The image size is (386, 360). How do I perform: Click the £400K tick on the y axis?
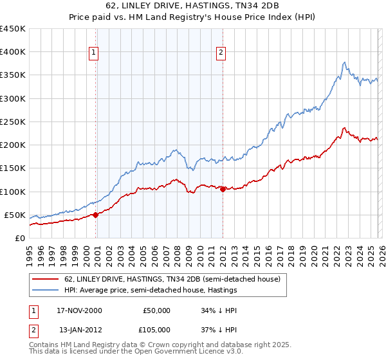point(13,52)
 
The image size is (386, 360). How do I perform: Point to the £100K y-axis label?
point(13,192)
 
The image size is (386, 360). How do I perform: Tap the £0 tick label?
point(19,238)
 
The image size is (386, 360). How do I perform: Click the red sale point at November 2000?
point(96,215)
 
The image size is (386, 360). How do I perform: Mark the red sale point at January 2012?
point(223,189)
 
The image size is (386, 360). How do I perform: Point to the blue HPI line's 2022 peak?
point(345,62)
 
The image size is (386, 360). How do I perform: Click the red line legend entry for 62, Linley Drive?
point(172,280)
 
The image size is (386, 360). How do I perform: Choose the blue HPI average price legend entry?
point(151,291)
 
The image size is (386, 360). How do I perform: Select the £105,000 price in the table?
point(156,330)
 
